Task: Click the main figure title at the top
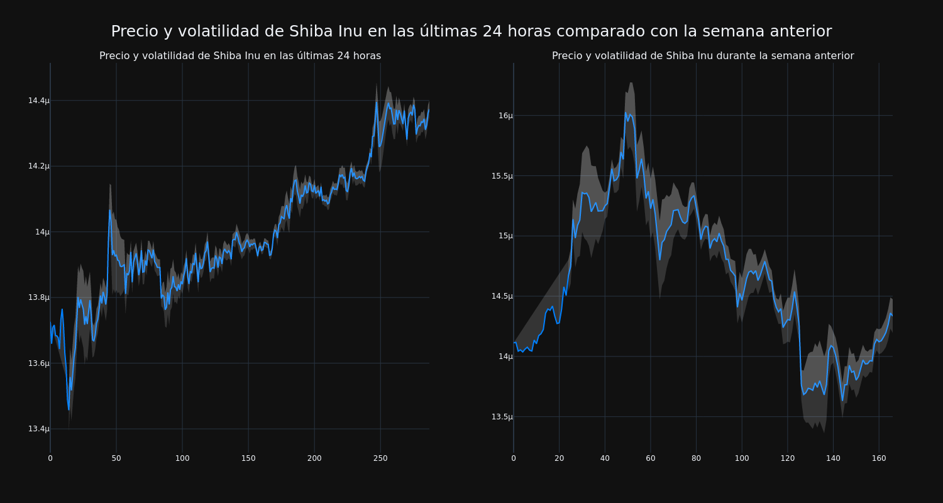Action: (x=471, y=31)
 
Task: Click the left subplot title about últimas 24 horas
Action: (x=240, y=56)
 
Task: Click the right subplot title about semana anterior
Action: (x=702, y=56)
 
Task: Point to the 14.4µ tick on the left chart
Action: (x=38, y=101)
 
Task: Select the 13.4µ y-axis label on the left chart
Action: (x=38, y=429)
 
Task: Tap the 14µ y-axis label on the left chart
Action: (x=42, y=232)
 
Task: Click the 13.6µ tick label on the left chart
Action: (x=38, y=363)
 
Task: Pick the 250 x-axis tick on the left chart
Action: (x=380, y=458)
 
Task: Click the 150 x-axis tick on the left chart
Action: (x=248, y=458)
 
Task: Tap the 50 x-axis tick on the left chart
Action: (x=116, y=458)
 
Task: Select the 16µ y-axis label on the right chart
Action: (x=505, y=116)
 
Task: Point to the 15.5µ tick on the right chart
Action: (x=502, y=176)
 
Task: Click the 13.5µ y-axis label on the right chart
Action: (x=502, y=417)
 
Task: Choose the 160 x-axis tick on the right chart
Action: (x=878, y=458)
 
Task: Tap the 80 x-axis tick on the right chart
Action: (x=696, y=458)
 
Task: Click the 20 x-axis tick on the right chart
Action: (x=559, y=458)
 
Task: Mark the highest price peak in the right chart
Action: (x=626, y=113)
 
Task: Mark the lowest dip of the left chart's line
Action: (x=69, y=409)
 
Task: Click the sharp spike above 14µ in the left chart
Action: (x=110, y=211)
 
